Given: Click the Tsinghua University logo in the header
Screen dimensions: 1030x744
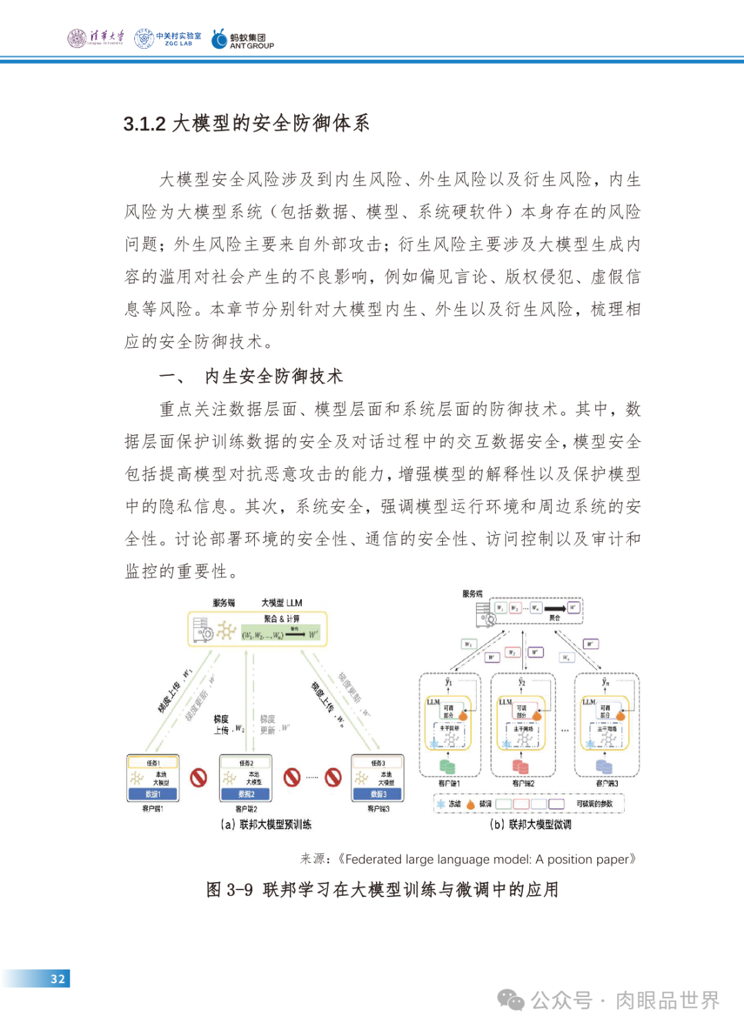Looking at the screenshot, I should pos(96,38).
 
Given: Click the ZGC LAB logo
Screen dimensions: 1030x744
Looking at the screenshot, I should pos(168,39).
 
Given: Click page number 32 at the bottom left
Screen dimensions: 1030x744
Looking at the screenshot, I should pos(58,978).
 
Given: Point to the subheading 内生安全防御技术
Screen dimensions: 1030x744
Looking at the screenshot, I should pos(273,377).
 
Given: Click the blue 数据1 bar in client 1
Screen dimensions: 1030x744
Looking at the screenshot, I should pos(153,794).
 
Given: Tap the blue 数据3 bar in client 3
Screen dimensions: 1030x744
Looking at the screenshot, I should pos(378,794).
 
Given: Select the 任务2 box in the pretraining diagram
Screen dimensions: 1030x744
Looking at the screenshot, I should pos(246,763).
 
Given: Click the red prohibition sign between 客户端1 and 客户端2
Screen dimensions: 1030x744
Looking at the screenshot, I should pos(198,777).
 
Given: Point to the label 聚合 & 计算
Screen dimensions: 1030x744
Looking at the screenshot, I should pos(282,618).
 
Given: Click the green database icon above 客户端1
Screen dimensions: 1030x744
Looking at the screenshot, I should pos(447,766).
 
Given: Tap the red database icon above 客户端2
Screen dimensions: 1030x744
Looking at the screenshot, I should pos(521,766).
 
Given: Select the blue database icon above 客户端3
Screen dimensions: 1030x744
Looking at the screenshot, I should pos(604,766).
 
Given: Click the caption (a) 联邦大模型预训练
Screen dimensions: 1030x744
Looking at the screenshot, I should pos(266,824).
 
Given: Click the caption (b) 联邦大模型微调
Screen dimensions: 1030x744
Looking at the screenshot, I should pos(530,824).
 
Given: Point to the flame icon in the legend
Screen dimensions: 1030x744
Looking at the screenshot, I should pos(471,803).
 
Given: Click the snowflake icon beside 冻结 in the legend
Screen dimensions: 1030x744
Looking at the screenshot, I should pos(441,803).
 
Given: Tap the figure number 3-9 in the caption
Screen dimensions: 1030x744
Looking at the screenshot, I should pos(240,890).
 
